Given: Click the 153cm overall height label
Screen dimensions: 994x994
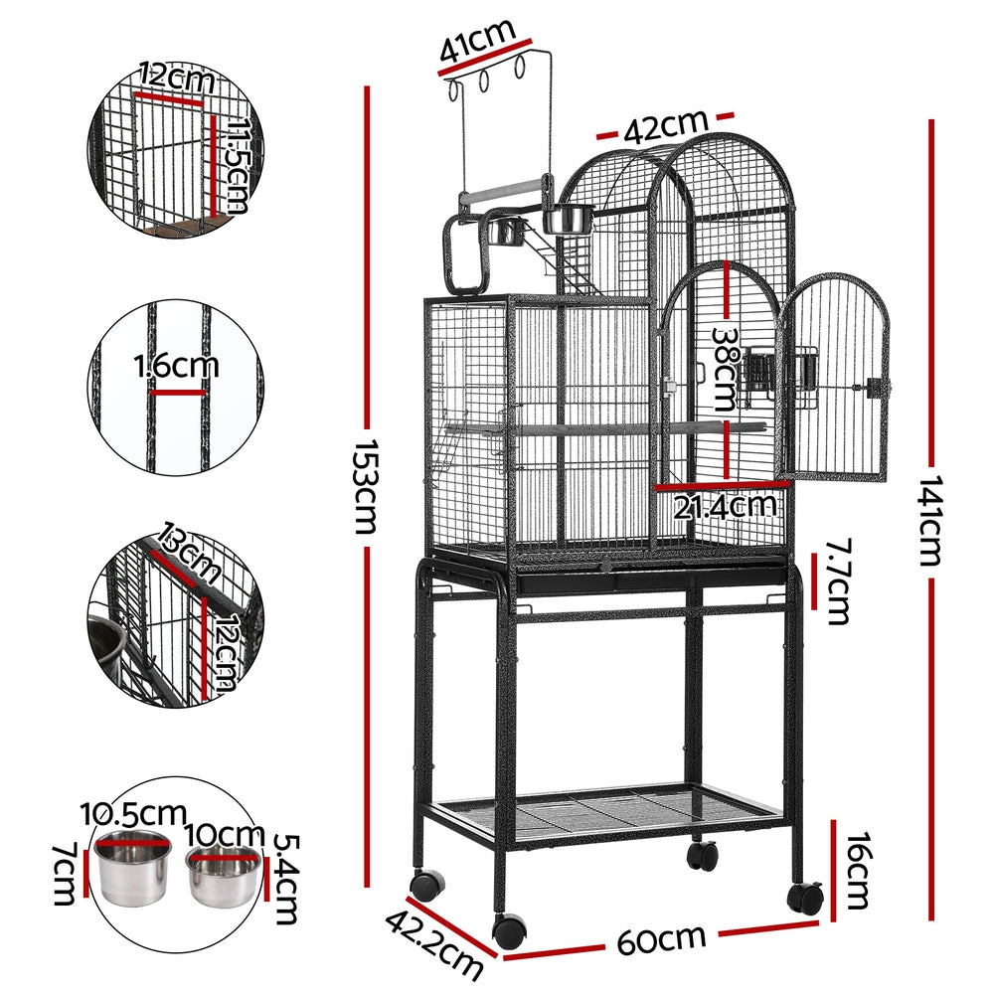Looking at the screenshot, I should point(364,486).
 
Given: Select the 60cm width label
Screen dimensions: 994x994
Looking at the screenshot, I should point(661,939).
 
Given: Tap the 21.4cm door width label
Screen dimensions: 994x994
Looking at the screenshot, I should point(724,506).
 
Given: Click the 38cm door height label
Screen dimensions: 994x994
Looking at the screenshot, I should point(724,371).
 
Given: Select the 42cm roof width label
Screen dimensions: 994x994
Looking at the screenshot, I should point(665,126).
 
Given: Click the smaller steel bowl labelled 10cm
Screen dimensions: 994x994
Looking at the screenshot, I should point(224,873).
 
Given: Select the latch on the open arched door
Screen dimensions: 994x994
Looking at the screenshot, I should point(876,388).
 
